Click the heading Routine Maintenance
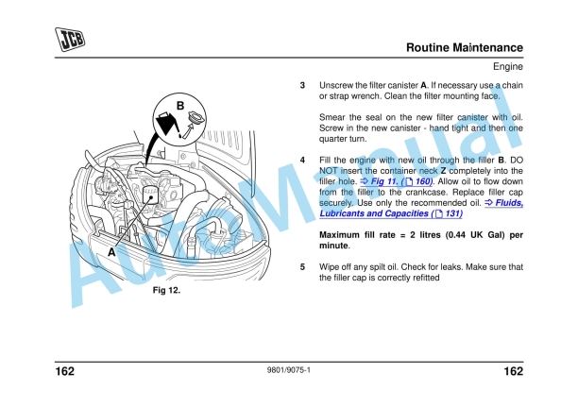(x=464, y=47)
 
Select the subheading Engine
(x=507, y=67)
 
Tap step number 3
(x=302, y=86)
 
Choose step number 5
(x=302, y=267)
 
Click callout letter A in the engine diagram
(x=111, y=253)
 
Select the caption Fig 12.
(x=167, y=290)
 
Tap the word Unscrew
(x=337, y=86)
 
